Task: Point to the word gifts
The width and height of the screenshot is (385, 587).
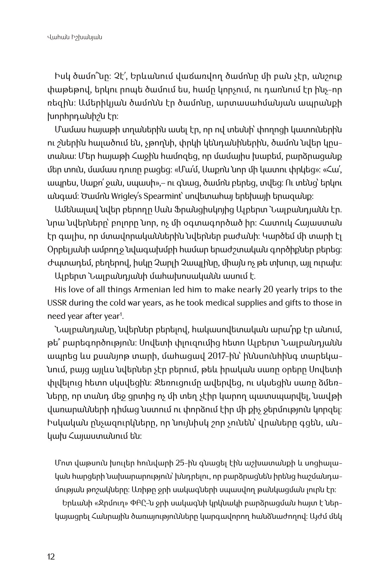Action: pos(284,303)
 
